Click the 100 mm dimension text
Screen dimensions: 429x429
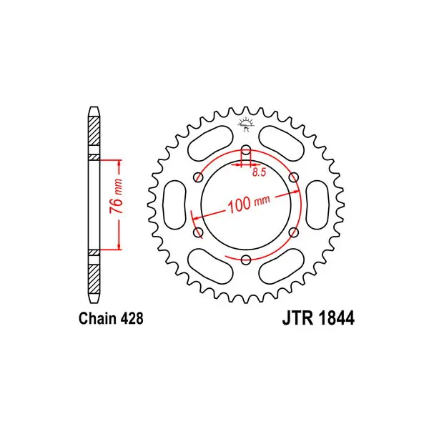coord(249,204)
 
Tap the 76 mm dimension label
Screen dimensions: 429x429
coord(116,196)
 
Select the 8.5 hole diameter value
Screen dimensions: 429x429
coord(259,172)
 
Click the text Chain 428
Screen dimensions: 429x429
coord(111,318)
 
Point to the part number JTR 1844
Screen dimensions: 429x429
coord(318,318)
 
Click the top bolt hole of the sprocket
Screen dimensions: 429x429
coord(246,150)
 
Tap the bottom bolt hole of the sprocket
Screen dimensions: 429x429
coord(246,260)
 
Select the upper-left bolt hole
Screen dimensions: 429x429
coord(198,177)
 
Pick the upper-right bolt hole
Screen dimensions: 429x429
coord(294,177)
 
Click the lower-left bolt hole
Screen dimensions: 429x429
coord(198,232)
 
